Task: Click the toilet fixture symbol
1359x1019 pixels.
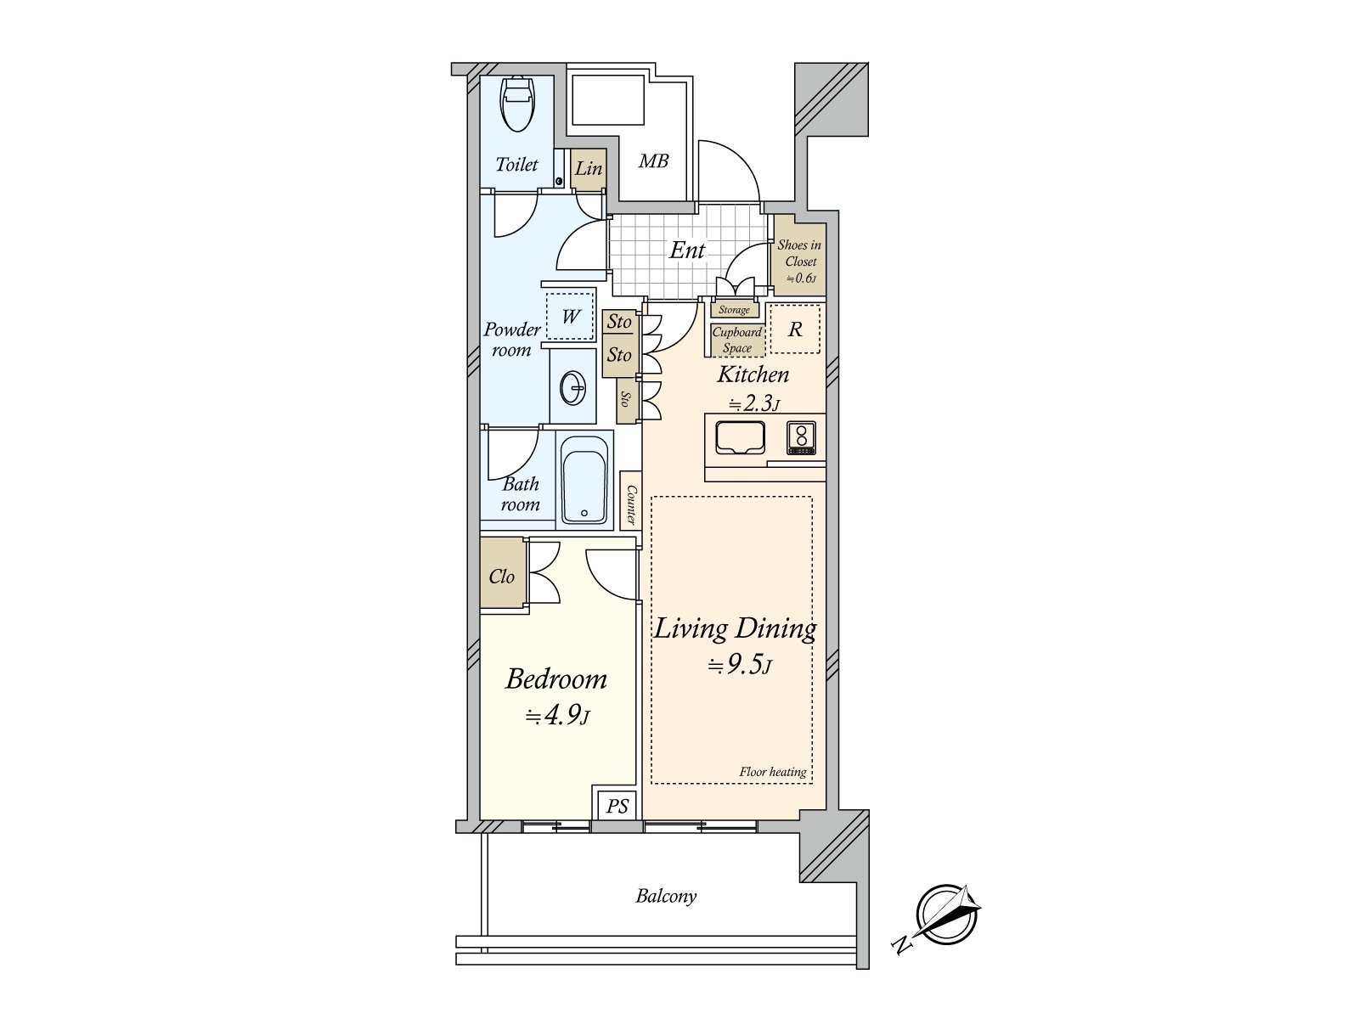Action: tap(516, 104)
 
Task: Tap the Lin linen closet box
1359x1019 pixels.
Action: tap(588, 168)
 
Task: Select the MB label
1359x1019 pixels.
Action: tap(653, 160)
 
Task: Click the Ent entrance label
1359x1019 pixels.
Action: tap(687, 251)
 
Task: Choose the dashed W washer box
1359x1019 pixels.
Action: tap(570, 317)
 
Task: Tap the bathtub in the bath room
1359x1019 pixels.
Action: tap(584, 481)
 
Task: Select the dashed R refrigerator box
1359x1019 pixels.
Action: tap(795, 329)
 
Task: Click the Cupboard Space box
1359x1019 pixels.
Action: tap(736, 341)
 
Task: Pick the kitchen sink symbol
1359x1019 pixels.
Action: tap(740, 438)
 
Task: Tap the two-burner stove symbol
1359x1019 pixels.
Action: tap(800, 438)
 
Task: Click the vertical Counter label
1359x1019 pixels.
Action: tap(631, 504)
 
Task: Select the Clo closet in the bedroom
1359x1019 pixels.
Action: tap(502, 577)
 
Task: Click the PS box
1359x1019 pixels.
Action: tap(617, 805)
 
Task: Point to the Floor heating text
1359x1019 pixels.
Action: tap(772, 772)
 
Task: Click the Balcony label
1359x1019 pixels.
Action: tap(666, 896)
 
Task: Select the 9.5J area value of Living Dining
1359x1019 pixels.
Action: tap(739, 666)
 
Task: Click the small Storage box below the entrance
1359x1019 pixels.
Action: tap(734, 310)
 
